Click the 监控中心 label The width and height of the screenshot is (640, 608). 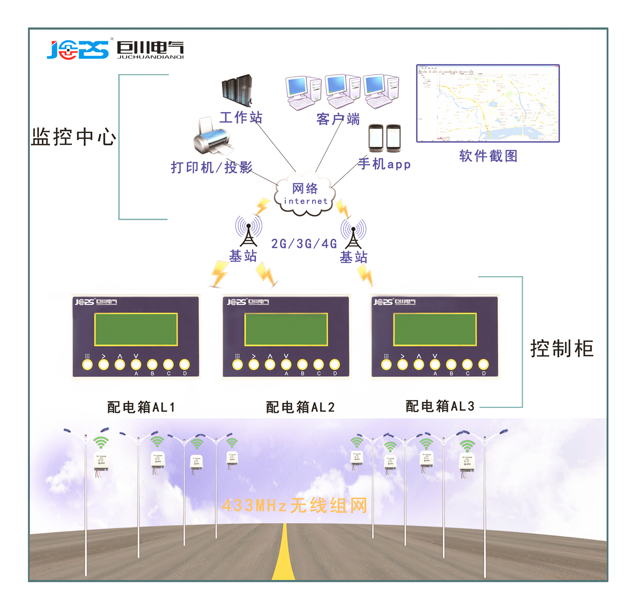74,137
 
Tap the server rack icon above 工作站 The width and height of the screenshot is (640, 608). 237,90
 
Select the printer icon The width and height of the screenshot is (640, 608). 212,137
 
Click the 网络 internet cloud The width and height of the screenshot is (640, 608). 305,195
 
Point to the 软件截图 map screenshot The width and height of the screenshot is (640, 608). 487,103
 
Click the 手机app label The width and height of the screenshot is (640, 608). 384,164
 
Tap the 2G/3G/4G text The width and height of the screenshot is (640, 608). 304,244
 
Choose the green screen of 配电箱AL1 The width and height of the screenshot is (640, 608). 136,330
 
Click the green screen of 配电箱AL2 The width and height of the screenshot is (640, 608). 286,330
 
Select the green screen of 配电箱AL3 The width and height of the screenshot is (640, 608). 435,330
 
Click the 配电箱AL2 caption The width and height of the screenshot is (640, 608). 300,407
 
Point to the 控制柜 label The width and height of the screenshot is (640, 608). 562,349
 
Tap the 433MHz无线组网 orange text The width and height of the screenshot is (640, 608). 294,505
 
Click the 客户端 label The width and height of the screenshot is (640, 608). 338,119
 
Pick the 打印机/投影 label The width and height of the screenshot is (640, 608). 211,167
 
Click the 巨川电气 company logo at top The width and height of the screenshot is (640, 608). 115,50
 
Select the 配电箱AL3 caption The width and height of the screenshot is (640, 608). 440,406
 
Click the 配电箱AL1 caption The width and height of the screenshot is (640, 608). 141,407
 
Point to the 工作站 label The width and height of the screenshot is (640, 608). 241,117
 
